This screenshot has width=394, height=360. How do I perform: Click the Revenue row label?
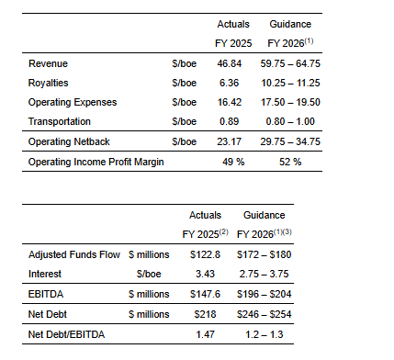point(48,63)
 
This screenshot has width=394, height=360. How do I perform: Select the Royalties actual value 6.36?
point(229,83)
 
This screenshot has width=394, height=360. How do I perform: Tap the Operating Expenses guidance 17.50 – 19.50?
point(290,102)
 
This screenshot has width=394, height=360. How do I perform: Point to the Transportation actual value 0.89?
point(229,121)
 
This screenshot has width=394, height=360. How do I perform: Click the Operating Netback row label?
point(69,141)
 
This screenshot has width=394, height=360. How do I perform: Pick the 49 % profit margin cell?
point(233,162)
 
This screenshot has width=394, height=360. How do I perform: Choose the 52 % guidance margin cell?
point(290,162)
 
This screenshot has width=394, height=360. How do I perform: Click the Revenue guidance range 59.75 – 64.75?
point(290,63)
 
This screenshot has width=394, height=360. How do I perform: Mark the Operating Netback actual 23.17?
point(230,141)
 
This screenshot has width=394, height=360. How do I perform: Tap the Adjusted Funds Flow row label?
point(74,254)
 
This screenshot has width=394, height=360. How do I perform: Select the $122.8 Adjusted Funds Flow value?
point(205,254)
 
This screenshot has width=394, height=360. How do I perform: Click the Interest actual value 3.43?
point(205,274)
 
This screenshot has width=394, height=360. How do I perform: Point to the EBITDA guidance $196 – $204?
point(265,294)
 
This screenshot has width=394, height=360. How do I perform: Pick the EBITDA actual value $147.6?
point(205,294)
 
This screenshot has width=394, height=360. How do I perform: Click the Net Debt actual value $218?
point(205,314)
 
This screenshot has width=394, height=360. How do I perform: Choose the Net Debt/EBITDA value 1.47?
point(205,334)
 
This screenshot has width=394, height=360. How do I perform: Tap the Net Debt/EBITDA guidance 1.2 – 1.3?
point(265,334)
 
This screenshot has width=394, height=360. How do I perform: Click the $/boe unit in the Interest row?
point(149,274)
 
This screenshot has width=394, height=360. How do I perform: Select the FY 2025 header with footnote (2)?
point(205,234)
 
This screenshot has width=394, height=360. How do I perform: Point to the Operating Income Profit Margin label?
point(96,162)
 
